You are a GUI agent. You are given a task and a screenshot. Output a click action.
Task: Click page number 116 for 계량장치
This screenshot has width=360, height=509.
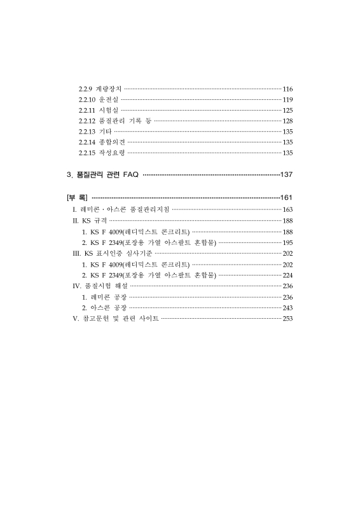pos(287,89)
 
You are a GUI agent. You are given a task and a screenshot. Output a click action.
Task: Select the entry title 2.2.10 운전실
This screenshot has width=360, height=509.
pos(98,100)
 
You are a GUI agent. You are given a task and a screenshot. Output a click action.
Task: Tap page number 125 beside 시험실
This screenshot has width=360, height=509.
pos(287,111)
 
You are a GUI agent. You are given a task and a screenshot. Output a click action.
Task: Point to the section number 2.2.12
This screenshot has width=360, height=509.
pos(87,121)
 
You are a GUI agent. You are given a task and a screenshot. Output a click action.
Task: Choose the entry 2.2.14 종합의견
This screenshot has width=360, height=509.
pos(101,142)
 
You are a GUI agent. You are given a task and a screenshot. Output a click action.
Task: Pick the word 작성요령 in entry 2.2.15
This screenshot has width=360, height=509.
pos(112,153)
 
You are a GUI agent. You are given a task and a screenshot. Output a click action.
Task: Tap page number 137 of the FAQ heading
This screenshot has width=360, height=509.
pos(286,174)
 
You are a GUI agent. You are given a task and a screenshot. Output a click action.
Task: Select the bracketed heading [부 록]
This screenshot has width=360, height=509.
pos(77,198)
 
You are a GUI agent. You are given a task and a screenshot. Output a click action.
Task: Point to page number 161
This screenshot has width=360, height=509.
pos(286,198)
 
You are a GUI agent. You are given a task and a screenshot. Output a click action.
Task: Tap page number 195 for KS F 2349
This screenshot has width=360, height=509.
pos(287,242)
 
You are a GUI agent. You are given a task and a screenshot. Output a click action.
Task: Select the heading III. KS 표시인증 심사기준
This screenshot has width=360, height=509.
pos(112,253)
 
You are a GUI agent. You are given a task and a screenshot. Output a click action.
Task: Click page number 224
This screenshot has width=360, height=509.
pos(287,275)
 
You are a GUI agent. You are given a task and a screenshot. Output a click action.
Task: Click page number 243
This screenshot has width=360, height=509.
pos(287,307)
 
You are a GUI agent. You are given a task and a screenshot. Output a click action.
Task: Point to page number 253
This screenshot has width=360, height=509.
pos(287,318)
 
